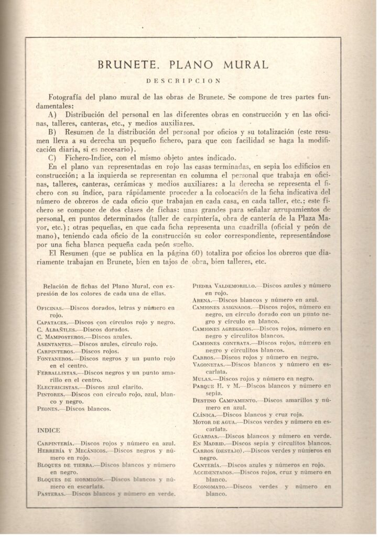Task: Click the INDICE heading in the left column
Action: [49, 429]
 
